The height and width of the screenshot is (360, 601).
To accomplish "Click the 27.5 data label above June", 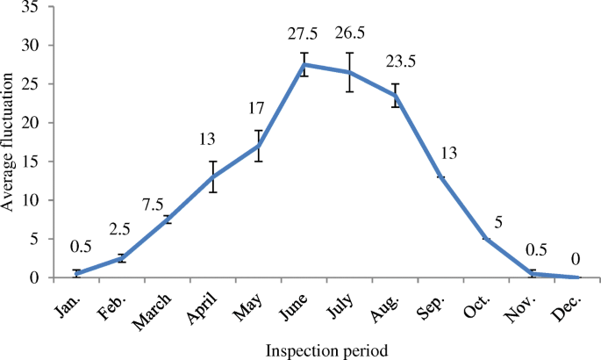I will tap(304, 34).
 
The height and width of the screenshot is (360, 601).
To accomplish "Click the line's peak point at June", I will tap(304, 65).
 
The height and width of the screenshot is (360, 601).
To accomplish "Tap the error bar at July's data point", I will tap(350, 72).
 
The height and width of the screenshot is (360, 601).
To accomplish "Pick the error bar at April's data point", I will tap(212, 176).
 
